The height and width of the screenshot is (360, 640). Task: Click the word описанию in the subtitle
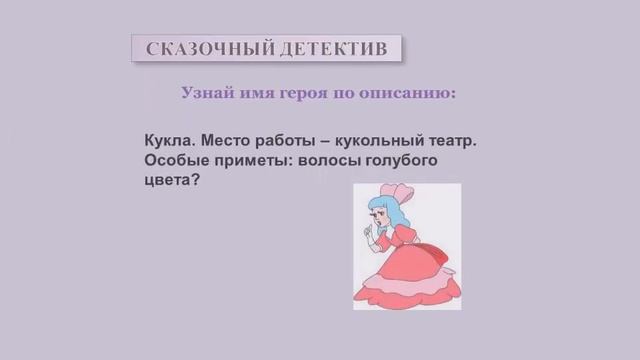pyautogui.click(x=412, y=93)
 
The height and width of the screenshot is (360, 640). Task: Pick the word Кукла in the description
pyautogui.click(x=172, y=141)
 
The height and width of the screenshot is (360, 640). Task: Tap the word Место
pyautogui.click(x=232, y=141)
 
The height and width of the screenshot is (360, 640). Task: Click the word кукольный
pyautogui.click(x=394, y=141)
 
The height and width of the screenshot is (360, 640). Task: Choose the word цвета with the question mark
pyautogui.click(x=169, y=183)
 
